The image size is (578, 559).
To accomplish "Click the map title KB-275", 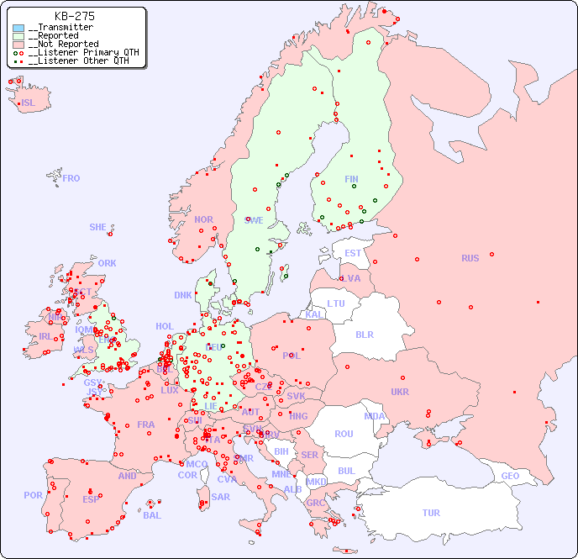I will (74, 16).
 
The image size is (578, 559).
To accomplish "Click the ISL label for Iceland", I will (29, 103).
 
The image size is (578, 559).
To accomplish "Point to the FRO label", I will (71, 178).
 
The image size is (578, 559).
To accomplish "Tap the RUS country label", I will (470, 258).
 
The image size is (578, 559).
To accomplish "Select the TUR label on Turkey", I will (431, 513).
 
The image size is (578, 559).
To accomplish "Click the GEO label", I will (510, 476).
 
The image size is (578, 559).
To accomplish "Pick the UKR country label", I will (400, 392).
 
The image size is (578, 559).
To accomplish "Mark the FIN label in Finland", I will (351, 179).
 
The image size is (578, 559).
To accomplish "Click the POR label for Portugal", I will (33, 495).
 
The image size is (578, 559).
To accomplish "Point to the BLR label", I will (364, 334).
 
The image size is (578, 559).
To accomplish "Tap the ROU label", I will (344, 434).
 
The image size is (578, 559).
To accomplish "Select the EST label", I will (353, 253).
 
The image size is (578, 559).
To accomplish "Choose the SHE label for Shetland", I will (97, 227).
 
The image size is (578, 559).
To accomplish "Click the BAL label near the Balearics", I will (152, 515).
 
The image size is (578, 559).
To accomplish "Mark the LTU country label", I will (336, 303).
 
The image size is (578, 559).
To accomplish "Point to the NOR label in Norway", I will (203, 219).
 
